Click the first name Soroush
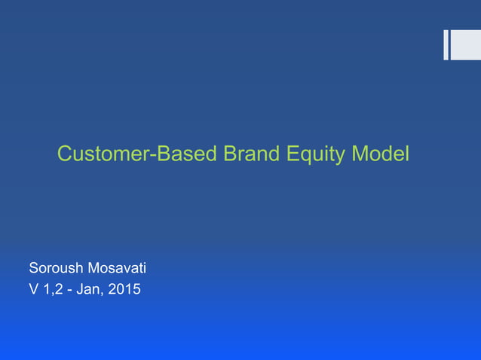55,267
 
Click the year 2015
125,288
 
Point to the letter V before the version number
34,288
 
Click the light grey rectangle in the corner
465,44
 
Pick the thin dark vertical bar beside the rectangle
446,44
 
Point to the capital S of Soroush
33,267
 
